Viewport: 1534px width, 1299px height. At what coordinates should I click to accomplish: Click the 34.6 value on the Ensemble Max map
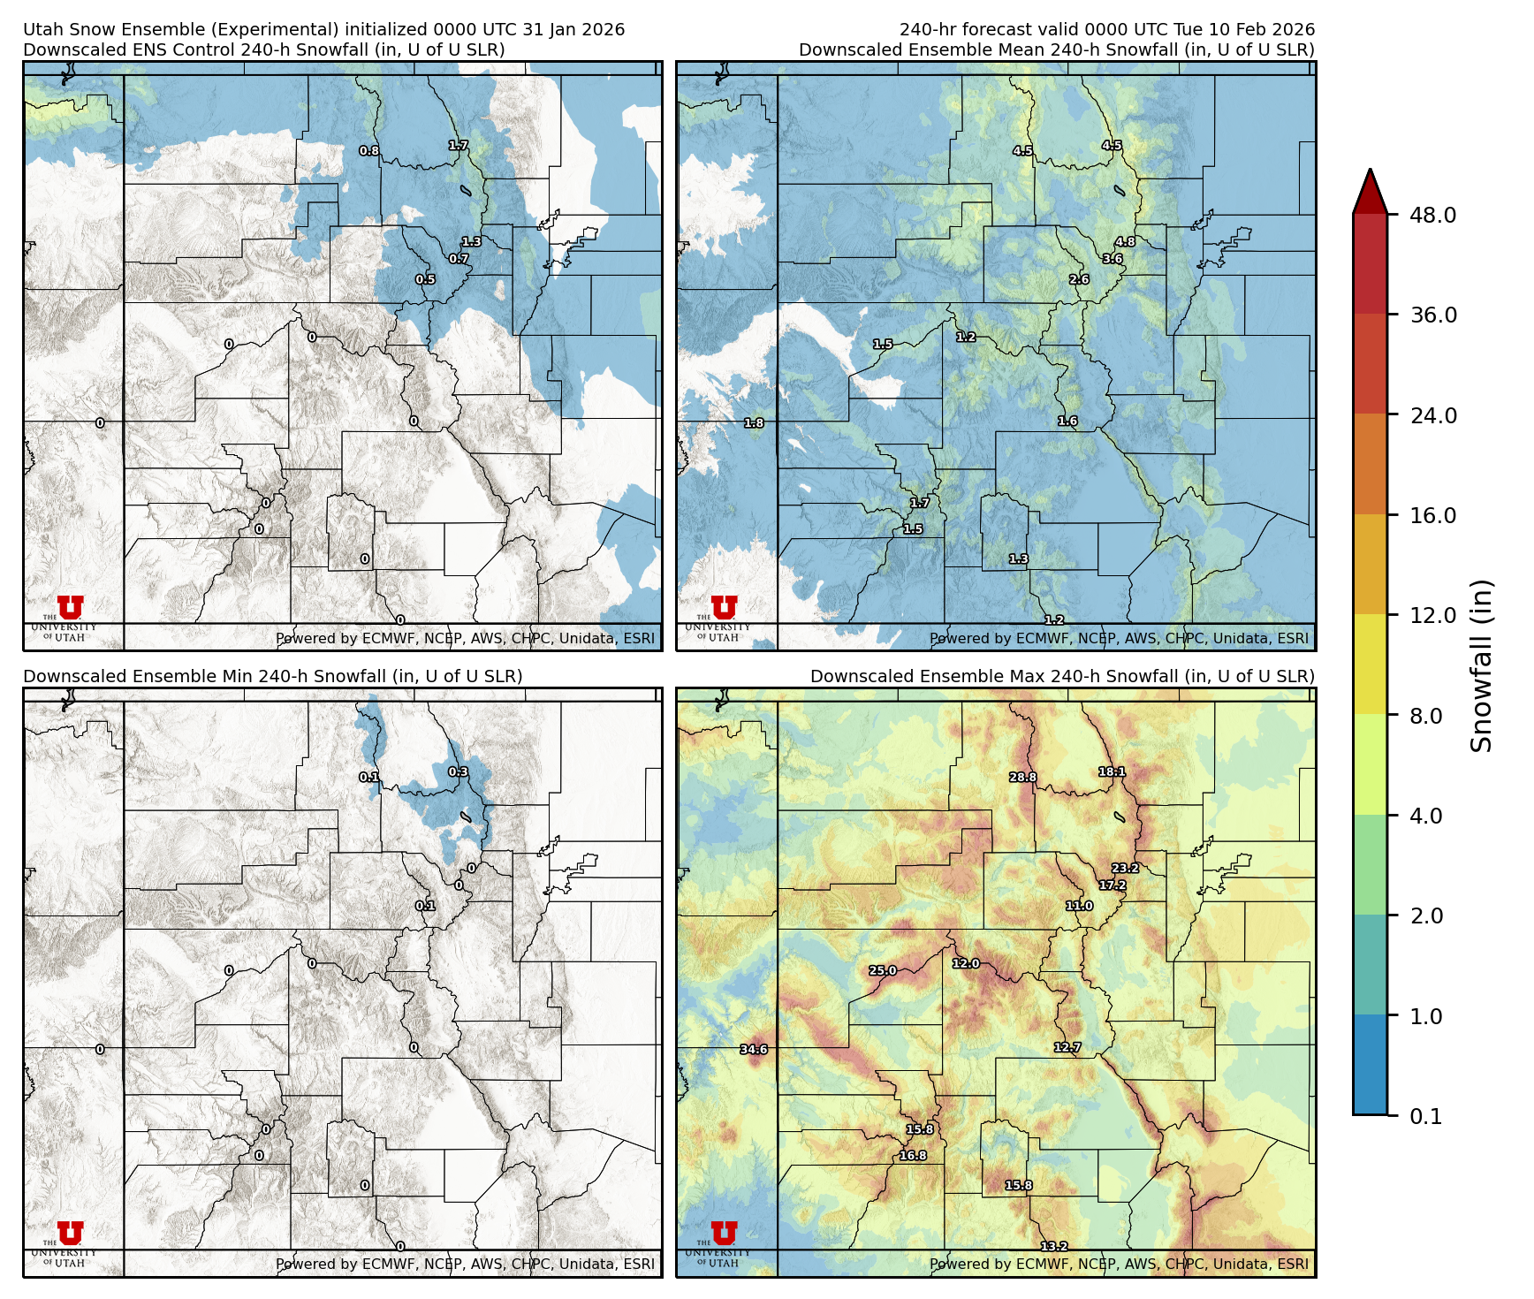(754, 1050)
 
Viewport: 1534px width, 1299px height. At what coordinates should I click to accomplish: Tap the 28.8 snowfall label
(1023, 778)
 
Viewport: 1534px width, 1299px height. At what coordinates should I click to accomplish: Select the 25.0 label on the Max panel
(883, 970)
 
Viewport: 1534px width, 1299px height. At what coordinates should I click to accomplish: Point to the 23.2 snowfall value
(1125, 868)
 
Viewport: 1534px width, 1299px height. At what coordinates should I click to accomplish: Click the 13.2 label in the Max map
(1054, 1247)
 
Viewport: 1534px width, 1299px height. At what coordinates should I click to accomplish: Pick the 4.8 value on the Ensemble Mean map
(1125, 241)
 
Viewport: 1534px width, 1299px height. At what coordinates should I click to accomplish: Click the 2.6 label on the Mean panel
(1079, 279)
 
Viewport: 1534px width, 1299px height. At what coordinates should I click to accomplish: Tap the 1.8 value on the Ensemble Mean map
(754, 423)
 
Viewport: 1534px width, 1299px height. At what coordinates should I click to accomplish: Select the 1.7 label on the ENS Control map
(459, 146)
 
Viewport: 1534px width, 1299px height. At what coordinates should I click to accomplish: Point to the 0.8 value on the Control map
(369, 151)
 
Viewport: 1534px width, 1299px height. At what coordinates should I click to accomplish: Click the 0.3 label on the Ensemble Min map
(459, 771)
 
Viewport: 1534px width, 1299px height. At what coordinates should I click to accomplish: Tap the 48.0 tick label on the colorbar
(1432, 215)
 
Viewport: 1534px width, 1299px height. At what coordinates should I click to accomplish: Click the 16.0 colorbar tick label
(1432, 515)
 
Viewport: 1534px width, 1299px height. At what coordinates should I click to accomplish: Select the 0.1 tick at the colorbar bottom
(1425, 1116)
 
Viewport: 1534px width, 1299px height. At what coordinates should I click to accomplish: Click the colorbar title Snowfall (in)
(1482, 665)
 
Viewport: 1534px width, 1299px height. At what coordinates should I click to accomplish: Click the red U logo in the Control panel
(71, 607)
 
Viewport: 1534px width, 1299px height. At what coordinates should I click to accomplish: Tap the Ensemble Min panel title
(273, 676)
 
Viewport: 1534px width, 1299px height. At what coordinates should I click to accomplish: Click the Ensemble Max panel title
(1062, 676)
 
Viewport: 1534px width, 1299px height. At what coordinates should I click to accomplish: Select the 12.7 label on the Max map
(1067, 1047)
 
